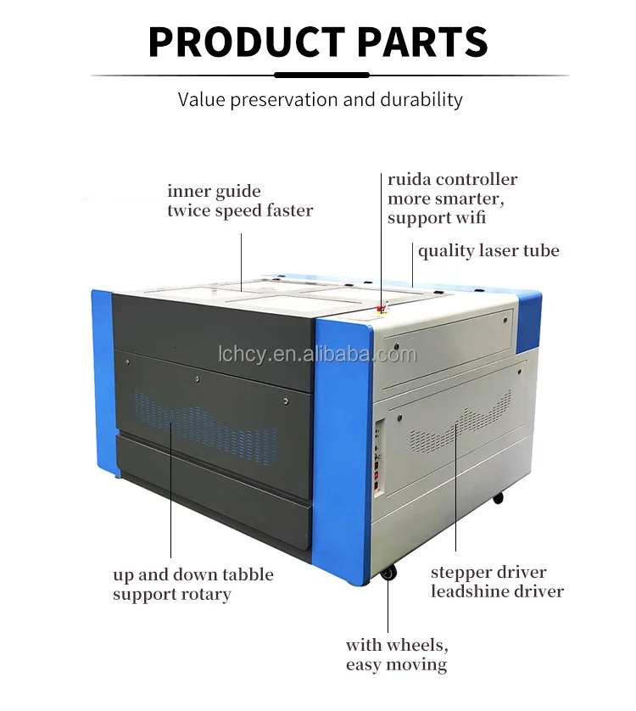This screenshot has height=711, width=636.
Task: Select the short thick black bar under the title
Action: pyautogui.click(x=321, y=75)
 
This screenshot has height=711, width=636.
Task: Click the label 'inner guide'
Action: pyautogui.click(x=214, y=192)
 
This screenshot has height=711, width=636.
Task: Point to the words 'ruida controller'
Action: pyautogui.click(x=452, y=180)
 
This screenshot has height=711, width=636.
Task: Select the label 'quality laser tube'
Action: pyautogui.click(x=488, y=251)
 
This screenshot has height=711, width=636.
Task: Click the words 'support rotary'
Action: pyautogui.click(x=172, y=594)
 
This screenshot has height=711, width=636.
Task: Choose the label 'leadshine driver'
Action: pyautogui.click(x=497, y=591)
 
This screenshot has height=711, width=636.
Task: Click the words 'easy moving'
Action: pyautogui.click(x=396, y=664)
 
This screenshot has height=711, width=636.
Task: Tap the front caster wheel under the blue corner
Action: pyautogui.click(x=388, y=573)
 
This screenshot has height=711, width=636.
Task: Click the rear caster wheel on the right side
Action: pyautogui.click(x=498, y=497)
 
